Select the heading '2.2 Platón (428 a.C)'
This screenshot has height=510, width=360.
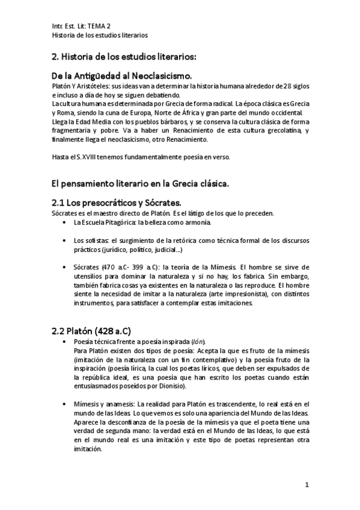92,331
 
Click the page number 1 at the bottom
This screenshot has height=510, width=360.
307,485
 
